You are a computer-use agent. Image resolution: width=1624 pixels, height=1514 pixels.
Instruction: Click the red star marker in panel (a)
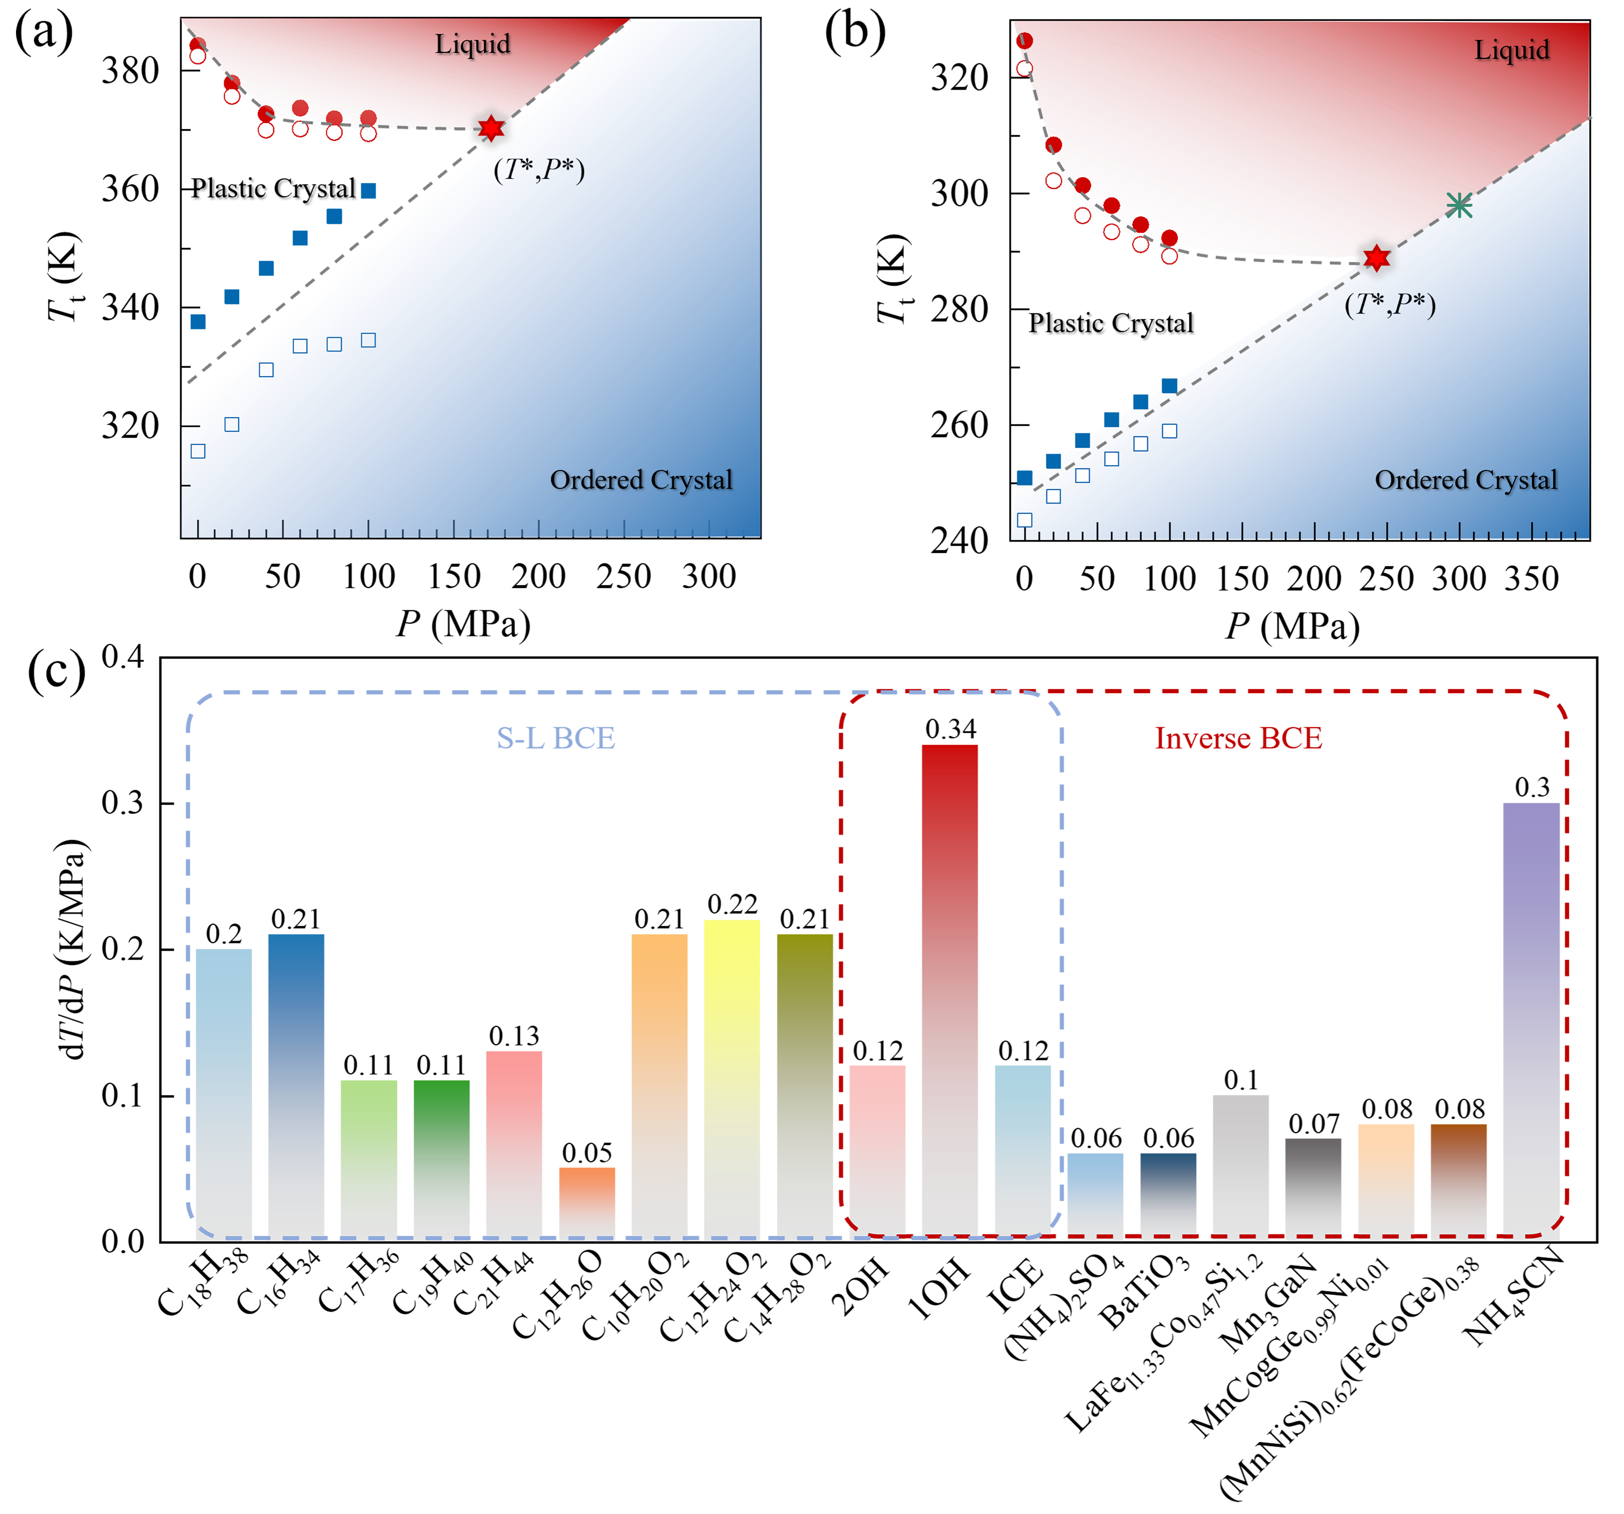coord(491,128)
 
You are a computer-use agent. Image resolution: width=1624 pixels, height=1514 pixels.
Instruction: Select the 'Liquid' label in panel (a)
coord(472,44)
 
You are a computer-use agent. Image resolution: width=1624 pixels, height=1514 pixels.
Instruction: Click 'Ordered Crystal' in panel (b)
coord(1466,480)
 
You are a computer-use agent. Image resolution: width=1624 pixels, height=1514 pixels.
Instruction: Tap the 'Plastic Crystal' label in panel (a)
coord(274,189)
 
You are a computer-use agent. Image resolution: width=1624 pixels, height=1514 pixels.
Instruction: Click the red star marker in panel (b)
coord(1376,258)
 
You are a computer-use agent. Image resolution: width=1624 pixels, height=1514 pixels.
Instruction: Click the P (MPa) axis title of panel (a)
coord(463,624)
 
